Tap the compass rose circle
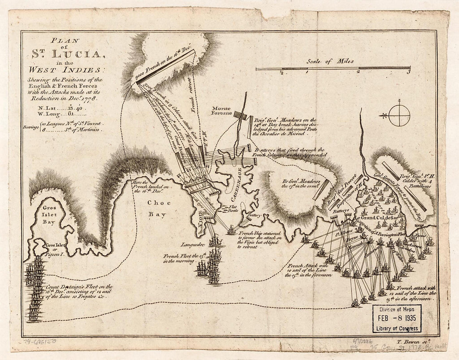pos(399,115)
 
